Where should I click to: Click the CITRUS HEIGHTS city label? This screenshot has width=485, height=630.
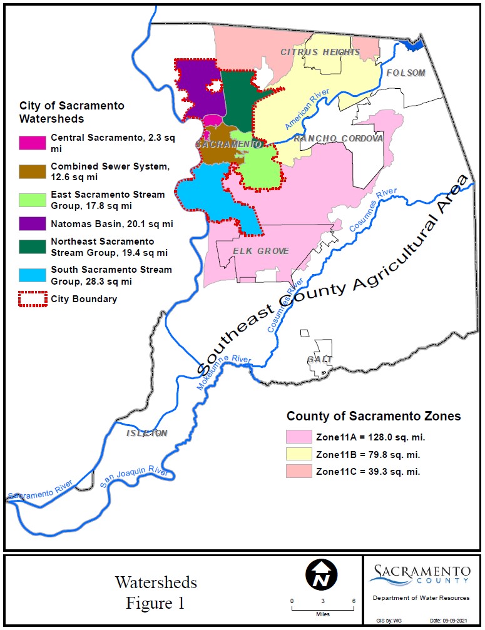pos(320,52)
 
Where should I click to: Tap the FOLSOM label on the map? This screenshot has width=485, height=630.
pos(406,73)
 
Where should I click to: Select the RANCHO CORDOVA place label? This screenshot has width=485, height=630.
pos(338,138)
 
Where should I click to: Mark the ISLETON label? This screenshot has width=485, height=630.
pos(147,433)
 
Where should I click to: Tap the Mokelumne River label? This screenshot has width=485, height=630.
pos(224,373)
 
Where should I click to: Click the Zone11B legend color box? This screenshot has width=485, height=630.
pos(299,454)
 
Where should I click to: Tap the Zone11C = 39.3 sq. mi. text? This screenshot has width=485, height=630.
pos(368,472)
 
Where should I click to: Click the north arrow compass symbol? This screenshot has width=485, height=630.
pos(321,574)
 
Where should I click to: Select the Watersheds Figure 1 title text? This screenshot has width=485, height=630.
pos(156,592)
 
